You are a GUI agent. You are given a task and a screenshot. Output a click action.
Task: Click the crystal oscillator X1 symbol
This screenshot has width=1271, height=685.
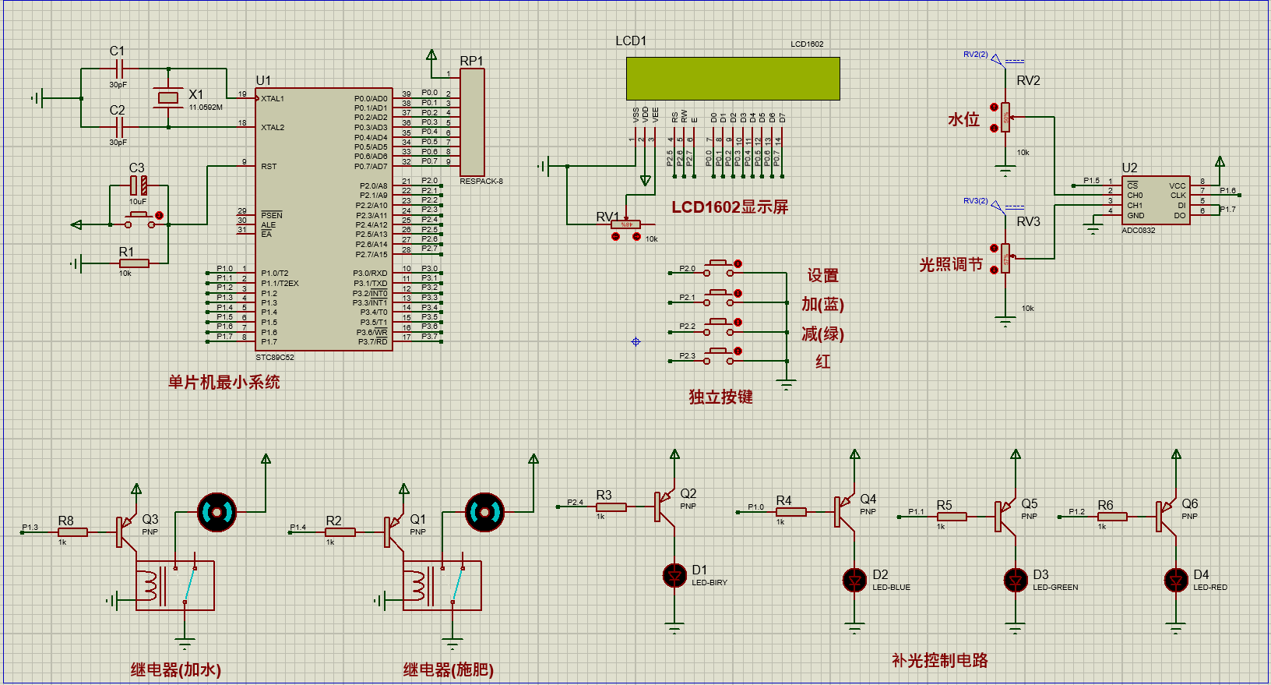point(168,97)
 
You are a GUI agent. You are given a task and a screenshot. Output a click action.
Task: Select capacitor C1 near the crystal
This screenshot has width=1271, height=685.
point(118,69)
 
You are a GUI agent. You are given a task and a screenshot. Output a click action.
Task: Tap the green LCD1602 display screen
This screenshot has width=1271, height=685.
point(733,78)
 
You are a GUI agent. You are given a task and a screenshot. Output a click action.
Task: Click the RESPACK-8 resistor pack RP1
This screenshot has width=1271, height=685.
point(472,122)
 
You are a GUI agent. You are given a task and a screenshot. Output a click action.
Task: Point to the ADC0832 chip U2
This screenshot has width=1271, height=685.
point(1156,200)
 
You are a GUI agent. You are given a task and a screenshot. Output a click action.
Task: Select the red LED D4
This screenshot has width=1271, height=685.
point(1175,580)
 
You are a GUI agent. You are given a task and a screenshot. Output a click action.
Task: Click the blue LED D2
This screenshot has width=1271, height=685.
point(854,580)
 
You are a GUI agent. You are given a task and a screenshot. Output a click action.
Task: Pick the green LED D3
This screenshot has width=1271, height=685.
point(1015,580)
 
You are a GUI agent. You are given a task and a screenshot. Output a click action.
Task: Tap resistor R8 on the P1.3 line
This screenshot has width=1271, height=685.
point(73,532)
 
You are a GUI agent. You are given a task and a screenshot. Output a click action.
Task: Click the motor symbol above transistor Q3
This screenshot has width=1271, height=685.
point(217,512)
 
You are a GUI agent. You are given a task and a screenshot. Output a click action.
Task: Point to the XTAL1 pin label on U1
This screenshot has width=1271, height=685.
point(273,99)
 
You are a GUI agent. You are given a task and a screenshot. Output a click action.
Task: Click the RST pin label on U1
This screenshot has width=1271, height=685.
point(269,167)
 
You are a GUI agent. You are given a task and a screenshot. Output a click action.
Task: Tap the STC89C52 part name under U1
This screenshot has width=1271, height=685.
point(275,358)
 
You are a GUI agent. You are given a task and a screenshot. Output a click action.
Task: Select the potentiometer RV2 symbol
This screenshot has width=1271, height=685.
point(1005,117)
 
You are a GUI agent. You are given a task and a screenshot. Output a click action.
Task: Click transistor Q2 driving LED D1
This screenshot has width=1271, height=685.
point(663,507)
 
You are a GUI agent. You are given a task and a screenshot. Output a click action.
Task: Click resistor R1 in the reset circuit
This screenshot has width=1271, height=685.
point(134,263)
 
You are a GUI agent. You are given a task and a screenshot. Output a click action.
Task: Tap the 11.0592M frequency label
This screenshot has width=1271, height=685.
point(206,108)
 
